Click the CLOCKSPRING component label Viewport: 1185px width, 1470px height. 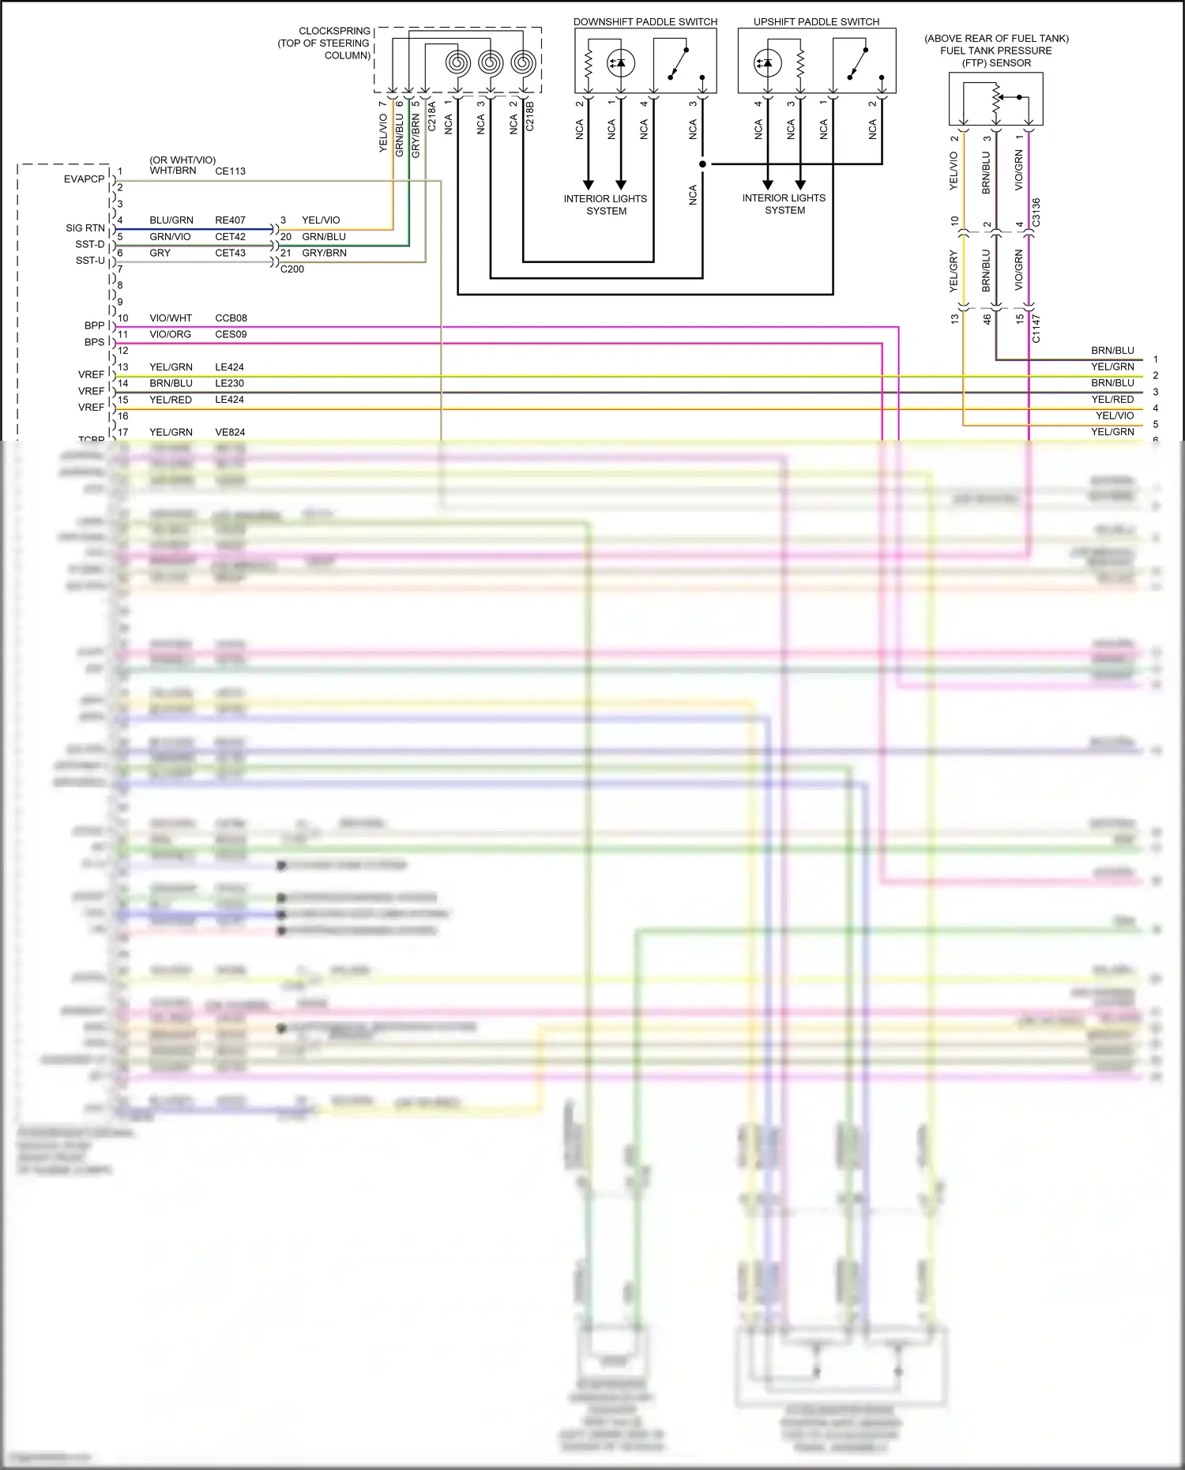pos(334,31)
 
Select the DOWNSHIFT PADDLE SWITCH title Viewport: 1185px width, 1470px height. pos(645,21)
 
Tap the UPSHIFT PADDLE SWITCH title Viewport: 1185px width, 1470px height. pos(816,21)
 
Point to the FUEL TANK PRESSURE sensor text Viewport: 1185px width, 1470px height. pos(995,51)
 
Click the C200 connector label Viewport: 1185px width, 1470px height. pos(292,269)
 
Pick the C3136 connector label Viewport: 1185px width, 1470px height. pos(1036,212)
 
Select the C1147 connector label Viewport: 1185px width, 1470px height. pos(1036,328)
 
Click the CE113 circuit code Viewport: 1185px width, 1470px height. pos(230,171)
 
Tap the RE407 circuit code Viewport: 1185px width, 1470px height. pos(230,220)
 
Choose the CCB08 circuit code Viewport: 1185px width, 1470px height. pos(231,318)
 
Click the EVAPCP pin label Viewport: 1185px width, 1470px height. pos(84,179)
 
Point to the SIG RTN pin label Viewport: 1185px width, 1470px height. pos(85,228)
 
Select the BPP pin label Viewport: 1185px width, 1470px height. pos(94,325)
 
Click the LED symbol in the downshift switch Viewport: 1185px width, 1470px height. pos(620,62)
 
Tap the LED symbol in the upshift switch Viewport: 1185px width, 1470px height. pos(767,62)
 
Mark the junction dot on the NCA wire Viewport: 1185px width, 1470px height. pos(702,164)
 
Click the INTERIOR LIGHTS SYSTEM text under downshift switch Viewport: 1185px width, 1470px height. pos(605,205)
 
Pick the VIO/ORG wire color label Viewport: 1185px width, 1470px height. pos(170,334)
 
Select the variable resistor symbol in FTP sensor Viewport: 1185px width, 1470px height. pos(996,99)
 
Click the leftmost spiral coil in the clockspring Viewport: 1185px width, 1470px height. pos(457,62)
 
